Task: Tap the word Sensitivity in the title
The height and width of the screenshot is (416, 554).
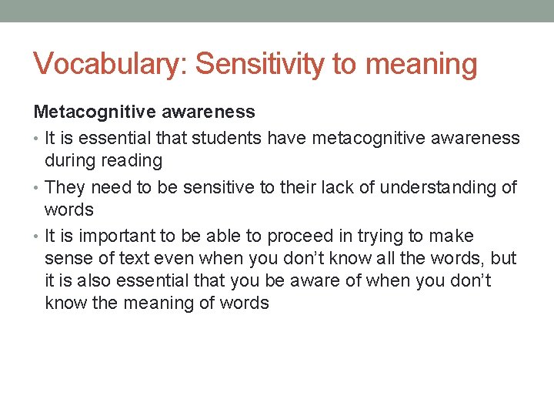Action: pos(260,65)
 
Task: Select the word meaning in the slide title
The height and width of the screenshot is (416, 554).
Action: pos(421,65)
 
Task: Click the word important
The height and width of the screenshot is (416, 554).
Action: pos(115,236)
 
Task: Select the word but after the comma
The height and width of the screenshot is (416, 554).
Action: pos(503,258)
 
